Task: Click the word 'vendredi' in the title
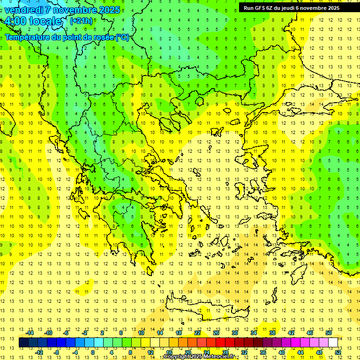(x=24, y=10)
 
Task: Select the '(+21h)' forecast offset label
(x=81, y=21)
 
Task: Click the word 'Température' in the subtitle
(x=28, y=37)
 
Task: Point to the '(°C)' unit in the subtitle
(x=122, y=37)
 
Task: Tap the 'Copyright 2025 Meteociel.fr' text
(x=199, y=357)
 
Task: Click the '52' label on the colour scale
(x=338, y=352)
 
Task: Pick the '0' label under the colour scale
(x=93, y=352)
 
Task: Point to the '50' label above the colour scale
(x=329, y=333)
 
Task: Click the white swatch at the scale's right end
(x=333, y=342)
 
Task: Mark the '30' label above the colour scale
(x=234, y=333)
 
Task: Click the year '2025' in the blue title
(x=105, y=10)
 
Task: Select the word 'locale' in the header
(x=45, y=21)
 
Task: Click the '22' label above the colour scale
(x=197, y=333)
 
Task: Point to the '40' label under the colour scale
(x=282, y=352)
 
